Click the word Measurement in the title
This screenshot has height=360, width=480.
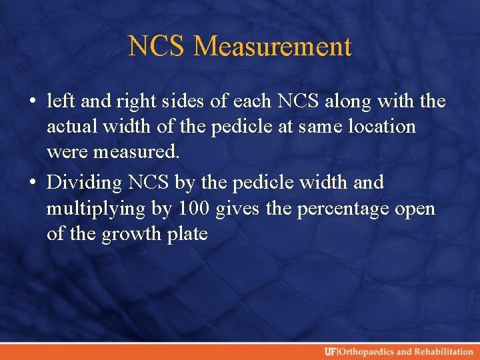[273, 47]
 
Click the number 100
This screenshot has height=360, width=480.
[193, 208]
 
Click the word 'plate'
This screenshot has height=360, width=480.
[187, 234]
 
